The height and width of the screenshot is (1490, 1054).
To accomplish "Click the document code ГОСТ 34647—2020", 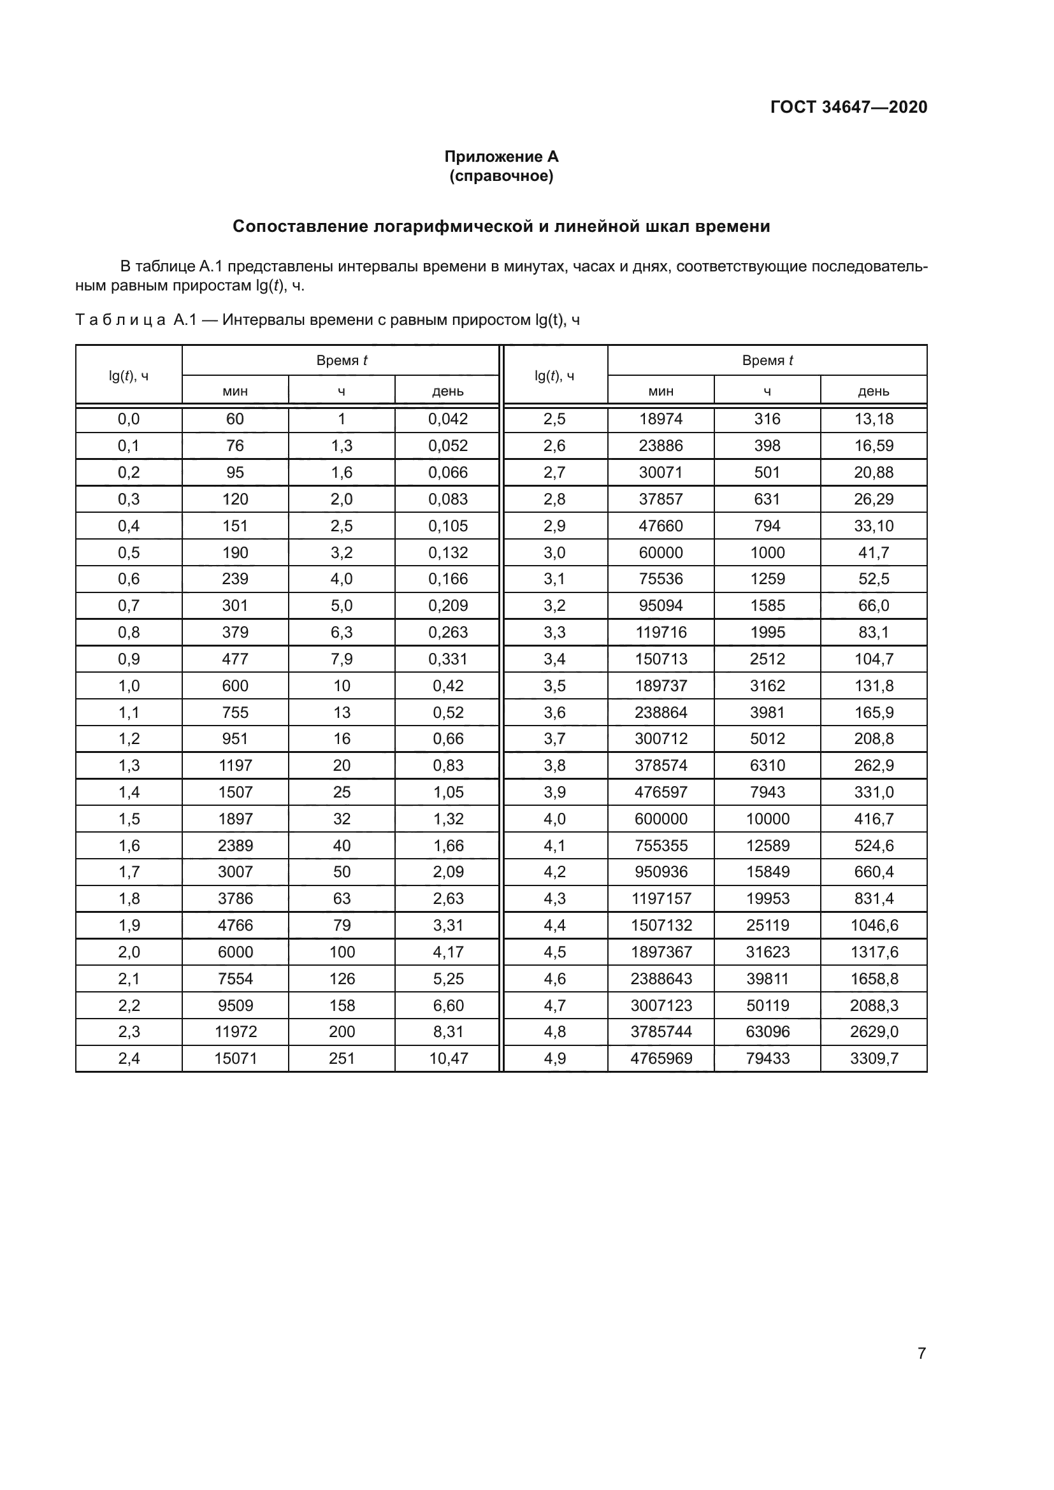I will pyautogui.click(x=848, y=107).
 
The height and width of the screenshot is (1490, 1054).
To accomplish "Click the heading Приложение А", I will pyautogui.click(x=501, y=157).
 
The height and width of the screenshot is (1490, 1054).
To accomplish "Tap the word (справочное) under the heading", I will pyautogui.click(x=501, y=176).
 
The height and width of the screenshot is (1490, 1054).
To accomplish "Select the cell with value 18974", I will pyautogui.click(x=661, y=419).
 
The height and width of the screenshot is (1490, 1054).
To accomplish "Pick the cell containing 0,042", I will pyautogui.click(x=448, y=419).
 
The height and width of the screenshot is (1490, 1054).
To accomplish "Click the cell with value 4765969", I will pyautogui.click(x=661, y=1059).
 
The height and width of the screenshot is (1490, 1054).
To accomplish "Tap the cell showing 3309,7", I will pyautogui.click(x=874, y=1059).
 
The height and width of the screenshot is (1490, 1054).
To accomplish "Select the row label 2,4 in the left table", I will pyautogui.click(x=129, y=1059).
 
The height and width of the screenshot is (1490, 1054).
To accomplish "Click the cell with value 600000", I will pyautogui.click(x=661, y=819).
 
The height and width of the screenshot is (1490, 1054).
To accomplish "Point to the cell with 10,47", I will pyautogui.click(x=448, y=1059).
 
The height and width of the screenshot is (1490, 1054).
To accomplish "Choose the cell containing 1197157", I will pyautogui.click(x=661, y=899).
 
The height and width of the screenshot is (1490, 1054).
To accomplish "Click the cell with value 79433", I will pyautogui.click(x=767, y=1059).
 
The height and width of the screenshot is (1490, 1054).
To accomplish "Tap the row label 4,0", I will pyautogui.click(x=554, y=819).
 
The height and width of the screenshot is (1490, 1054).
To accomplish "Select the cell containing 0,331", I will pyautogui.click(x=448, y=659).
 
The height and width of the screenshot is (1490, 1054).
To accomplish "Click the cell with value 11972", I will pyautogui.click(x=235, y=1032).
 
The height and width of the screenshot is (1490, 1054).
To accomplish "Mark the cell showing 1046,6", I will pyautogui.click(x=874, y=926).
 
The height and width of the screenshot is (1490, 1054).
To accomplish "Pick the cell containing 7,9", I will pyautogui.click(x=342, y=659).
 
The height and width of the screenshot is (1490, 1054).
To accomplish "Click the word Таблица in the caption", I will pyautogui.click(x=120, y=320).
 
